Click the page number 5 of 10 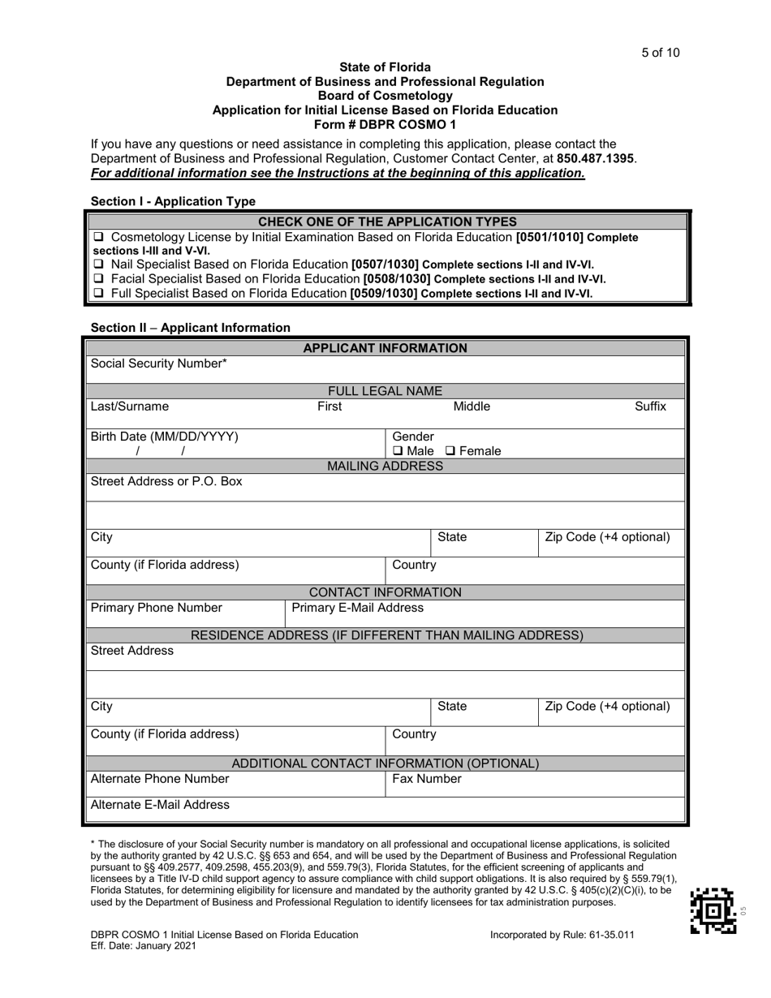[660, 54]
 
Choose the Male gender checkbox [398, 451]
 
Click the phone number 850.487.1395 [596, 158]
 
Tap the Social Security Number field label [158, 364]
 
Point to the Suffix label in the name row [650, 407]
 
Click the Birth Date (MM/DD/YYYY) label [165, 437]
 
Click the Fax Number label [427, 779]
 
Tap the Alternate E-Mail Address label [160, 805]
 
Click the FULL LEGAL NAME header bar [385, 391]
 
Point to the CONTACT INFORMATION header [385, 592]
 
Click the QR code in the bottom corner [713, 910]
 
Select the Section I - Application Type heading [173, 201]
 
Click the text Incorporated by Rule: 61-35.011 [562, 935]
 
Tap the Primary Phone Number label [156, 608]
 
